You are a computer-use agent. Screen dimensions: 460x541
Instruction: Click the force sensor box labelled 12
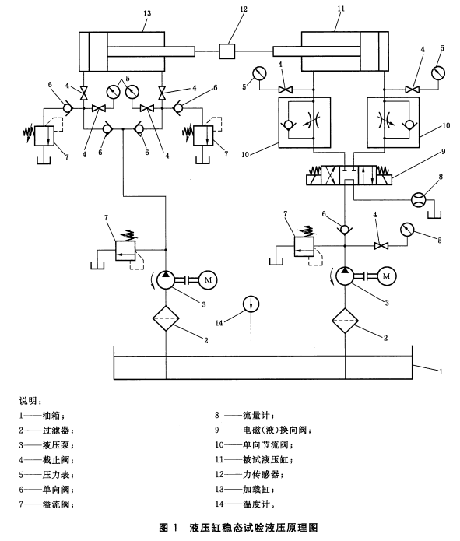click(227, 51)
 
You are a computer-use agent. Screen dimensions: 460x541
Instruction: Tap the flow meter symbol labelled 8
click(419, 199)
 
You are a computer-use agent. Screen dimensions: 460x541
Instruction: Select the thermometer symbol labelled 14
click(251, 304)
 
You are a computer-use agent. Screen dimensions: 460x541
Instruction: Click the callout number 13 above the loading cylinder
click(147, 13)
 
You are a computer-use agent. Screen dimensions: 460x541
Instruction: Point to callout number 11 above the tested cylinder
click(341, 9)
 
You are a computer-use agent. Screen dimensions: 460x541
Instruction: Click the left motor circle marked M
click(207, 279)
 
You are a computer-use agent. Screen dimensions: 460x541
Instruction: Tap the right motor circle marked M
click(387, 276)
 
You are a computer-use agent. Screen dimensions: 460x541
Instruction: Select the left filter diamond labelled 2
click(166, 318)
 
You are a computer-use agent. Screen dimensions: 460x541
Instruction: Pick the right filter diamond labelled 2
click(345, 321)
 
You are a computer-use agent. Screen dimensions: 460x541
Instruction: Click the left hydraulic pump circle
click(166, 279)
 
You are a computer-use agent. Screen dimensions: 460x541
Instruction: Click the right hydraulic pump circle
click(345, 276)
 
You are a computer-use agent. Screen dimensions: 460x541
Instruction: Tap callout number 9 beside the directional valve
click(444, 152)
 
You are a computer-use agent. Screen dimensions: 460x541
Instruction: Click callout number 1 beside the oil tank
click(441, 371)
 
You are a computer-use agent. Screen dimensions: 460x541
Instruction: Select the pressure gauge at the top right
click(438, 73)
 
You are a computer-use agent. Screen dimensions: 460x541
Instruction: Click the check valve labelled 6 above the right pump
click(345, 230)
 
